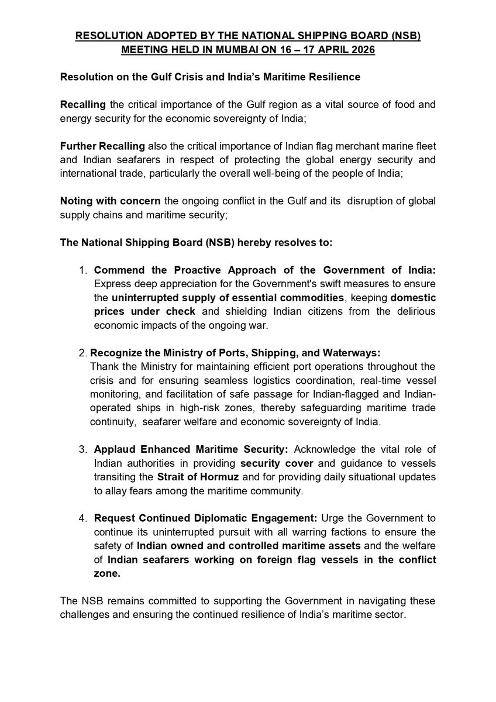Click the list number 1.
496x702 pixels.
[x=83, y=271]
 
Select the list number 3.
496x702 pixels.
[x=83, y=449]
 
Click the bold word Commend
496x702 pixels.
[x=117, y=271]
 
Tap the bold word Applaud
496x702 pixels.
[x=114, y=449]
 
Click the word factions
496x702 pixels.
[x=330, y=532]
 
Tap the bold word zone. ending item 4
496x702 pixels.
[x=107, y=574]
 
